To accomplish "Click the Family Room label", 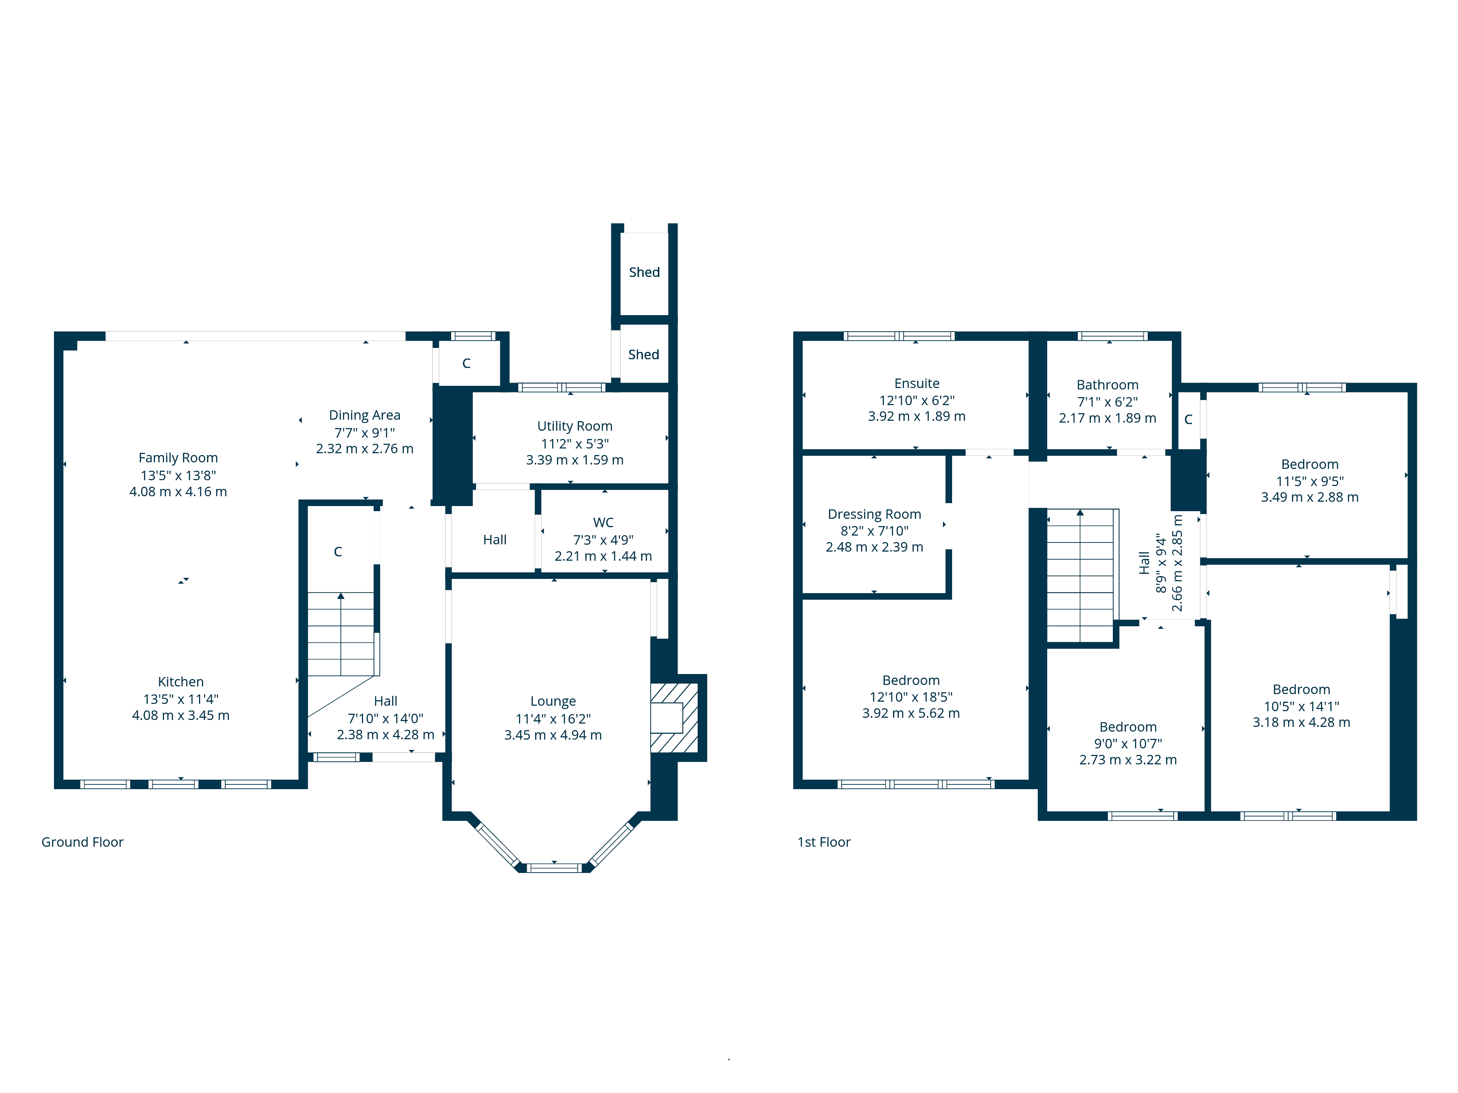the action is click(x=178, y=458).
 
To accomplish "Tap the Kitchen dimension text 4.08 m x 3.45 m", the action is click(x=180, y=716).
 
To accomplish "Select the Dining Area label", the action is click(x=364, y=415).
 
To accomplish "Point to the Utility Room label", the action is click(x=575, y=426).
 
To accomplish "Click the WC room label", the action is click(x=603, y=522).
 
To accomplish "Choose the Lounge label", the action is click(x=553, y=701).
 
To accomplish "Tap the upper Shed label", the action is click(x=644, y=272).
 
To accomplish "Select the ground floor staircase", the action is click(x=341, y=634).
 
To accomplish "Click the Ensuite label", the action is click(x=917, y=383).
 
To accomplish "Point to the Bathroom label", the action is click(x=1107, y=385).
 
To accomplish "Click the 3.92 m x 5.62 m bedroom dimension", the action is click(x=911, y=713).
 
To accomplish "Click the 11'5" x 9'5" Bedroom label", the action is click(x=1310, y=465).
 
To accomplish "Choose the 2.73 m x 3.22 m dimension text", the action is click(x=1128, y=760).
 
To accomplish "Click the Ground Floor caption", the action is click(x=82, y=842).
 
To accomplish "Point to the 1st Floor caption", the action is click(x=824, y=842).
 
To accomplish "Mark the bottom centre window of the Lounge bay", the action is click(x=554, y=868).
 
